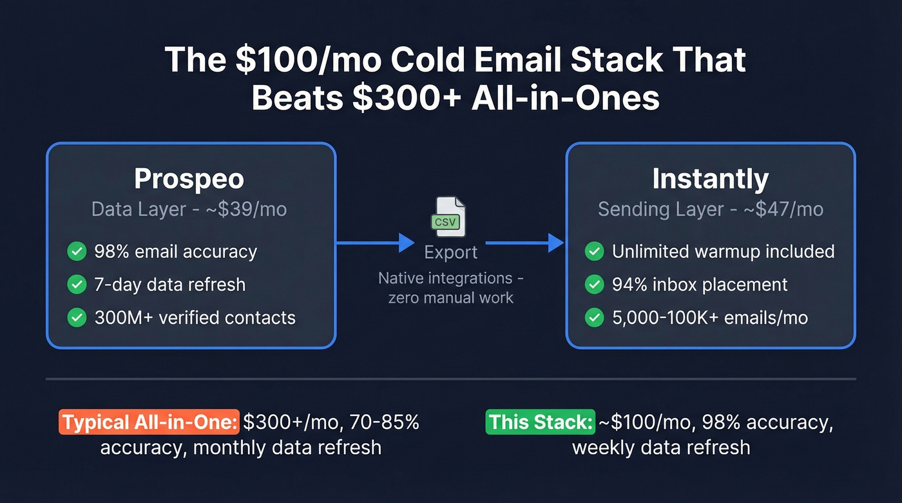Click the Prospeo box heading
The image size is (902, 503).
[x=189, y=178]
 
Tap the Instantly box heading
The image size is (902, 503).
[x=710, y=178]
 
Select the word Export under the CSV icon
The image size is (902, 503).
[x=450, y=252]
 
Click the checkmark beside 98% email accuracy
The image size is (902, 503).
[x=77, y=251]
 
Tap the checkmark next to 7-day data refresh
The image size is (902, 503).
[x=77, y=284]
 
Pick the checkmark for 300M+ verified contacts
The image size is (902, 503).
[x=77, y=317]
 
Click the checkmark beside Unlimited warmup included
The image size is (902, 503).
[x=594, y=251]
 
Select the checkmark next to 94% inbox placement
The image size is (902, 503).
[x=594, y=284]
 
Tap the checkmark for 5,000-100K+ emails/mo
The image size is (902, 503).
[x=594, y=317]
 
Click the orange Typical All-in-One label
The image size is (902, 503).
[x=149, y=422]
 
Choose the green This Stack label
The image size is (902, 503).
[x=541, y=422]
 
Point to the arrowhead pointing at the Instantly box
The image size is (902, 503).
[x=556, y=243]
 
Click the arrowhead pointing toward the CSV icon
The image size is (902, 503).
[x=407, y=243]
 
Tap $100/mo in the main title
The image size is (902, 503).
[x=269, y=60]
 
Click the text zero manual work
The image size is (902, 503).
[x=450, y=298]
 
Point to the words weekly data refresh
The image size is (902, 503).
[x=661, y=447]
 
